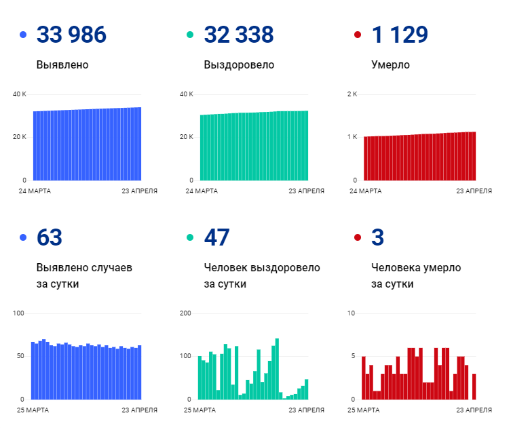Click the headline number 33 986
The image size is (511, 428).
(x=71, y=35)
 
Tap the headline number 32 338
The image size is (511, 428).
(x=239, y=35)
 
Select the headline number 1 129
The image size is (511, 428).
(x=400, y=35)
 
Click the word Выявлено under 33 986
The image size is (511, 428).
(x=62, y=65)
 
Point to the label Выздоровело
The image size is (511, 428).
(x=239, y=65)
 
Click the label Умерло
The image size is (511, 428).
(x=390, y=65)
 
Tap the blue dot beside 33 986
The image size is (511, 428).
(x=23, y=35)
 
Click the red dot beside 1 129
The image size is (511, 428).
(x=358, y=35)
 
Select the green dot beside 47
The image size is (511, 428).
(x=190, y=237)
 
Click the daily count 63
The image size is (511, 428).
(x=50, y=237)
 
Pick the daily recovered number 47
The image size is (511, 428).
(x=216, y=237)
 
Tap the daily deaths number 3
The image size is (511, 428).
(x=378, y=237)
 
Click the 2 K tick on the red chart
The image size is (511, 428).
(x=352, y=94)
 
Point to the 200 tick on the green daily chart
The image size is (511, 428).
(x=185, y=313)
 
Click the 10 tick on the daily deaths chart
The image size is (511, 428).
(x=351, y=313)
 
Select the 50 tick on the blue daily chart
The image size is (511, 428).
(x=20, y=356)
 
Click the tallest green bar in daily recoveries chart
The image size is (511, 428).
(x=277, y=369)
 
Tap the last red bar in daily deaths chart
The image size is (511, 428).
(x=474, y=387)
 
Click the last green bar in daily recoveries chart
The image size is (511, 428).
(x=306, y=389)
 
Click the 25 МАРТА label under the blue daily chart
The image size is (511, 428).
(x=33, y=410)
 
